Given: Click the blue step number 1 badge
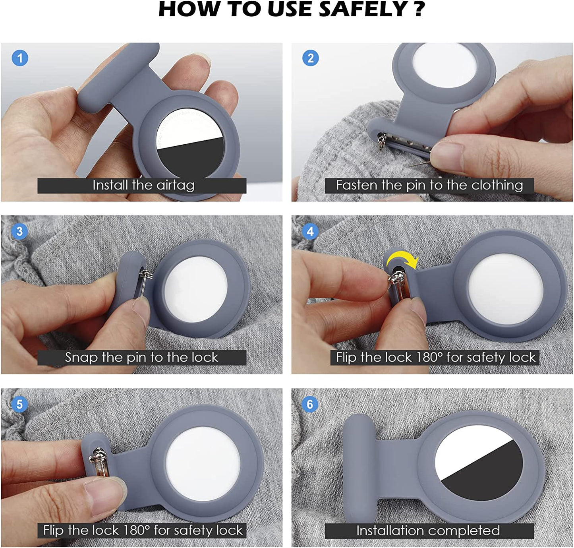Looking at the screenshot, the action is pyautogui.click(x=20, y=58).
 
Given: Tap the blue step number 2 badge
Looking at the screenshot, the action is pyautogui.click(x=310, y=58).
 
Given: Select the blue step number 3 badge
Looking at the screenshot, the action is pyautogui.click(x=20, y=231).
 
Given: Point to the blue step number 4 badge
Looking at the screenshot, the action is pyautogui.click(x=310, y=231).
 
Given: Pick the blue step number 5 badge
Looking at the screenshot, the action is pyautogui.click(x=20, y=404).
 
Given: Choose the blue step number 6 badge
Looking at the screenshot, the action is pyautogui.click(x=310, y=404).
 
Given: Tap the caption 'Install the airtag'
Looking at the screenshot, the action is pyautogui.click(x=143, y=185).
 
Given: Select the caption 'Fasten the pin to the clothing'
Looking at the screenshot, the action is pyautogui.click(x=429, y=185).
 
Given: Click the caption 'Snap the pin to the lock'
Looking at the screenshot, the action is pyautogui.click(x=141, y=357).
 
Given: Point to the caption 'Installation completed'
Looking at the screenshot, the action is pyautogui.click(x=428, y=530).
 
